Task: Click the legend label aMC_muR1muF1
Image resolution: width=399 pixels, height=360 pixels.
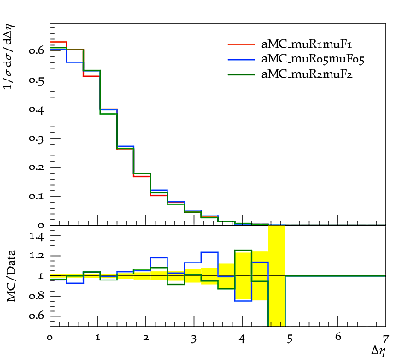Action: pyautogui.click(x=307, y=44)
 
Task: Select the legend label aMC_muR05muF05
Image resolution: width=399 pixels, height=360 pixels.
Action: pyautogui.click(x=313, y=59)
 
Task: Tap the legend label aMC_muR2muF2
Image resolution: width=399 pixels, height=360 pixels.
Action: pyautogui.click(x=307, y=74)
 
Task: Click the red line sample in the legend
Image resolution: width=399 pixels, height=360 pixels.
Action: pyautogui.click(x=241, y=44)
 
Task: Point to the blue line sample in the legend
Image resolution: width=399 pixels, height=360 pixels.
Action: pyautogui.click(x=241, y=59)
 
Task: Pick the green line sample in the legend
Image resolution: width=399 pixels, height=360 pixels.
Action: pyautogui.click(x=241, y=74)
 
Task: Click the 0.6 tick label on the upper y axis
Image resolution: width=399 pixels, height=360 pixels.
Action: pyautogui.click(x=36, y=50)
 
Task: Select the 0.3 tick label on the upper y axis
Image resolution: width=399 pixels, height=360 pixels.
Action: pyautogui.click(x=36, y=138)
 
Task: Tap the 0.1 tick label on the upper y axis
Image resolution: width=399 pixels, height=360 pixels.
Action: pyautogui.click(x=36, y=196)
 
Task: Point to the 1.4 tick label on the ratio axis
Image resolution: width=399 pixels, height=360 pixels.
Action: pyautogui.click(x=37, y=236)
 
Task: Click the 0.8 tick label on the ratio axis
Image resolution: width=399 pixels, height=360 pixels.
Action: pyautogui.click(x=36, y=296)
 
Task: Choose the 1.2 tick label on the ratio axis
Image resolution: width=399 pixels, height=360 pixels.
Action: pyautogui.click(x=37, y=256)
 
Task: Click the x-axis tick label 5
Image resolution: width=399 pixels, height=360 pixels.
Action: pyautogui.click(x=290, y=339)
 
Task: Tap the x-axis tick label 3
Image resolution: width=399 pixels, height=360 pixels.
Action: pyautogui.click(x=194, y=339)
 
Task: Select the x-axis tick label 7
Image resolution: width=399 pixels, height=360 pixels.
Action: pyautogui.click(x=385, y=339)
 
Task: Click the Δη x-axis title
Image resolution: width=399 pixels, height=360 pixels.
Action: pyautogui.click(x=378, y=351)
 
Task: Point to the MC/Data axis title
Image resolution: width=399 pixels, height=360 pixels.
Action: pyautogui.click(x=10, y=276)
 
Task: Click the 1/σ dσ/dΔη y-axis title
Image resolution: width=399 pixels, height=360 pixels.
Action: pyautogui.click(x=9, y=57)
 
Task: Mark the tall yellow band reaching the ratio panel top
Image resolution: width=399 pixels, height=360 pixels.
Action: pyautogui.click(x=277, y=275)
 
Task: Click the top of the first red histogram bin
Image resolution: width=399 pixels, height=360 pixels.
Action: pyautogui.click(x=58, y=42)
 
